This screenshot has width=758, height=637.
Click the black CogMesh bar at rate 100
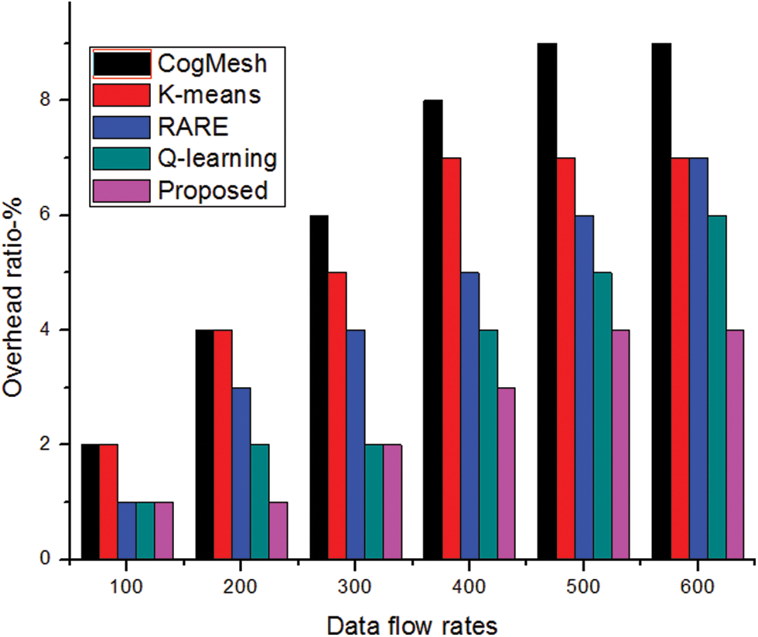90,502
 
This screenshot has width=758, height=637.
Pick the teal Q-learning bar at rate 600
717,387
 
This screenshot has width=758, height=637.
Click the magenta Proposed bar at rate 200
278,530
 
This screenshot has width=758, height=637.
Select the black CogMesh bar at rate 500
548,302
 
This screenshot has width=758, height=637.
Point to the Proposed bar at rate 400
507,473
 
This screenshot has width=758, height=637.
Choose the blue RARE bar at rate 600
698,358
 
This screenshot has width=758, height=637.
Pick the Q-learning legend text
217,159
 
